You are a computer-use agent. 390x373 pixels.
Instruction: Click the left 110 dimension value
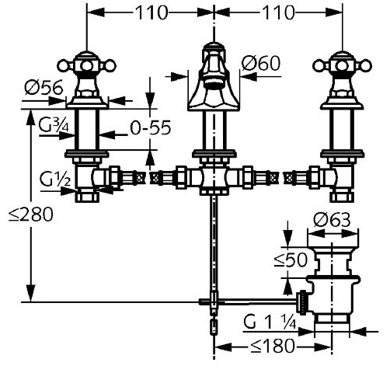(x=151, y=12)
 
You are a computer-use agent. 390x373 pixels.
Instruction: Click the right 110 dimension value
(x=279, y=12)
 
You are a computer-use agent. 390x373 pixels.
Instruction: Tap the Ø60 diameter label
(x=261, y=63)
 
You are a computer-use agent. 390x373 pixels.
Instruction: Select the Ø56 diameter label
(x=44, y=87)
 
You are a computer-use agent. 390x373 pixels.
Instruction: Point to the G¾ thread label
(x=54, y=124)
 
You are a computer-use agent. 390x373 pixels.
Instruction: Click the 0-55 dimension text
(x=151, y=127)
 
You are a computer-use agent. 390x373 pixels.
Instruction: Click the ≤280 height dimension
(x=30, y=214)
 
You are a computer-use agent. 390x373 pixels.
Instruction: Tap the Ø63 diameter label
(x=332, y=220)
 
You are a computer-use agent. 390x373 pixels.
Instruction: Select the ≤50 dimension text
(x=291, y=260)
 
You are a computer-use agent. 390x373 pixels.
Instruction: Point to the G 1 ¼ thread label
(x=270, y=322)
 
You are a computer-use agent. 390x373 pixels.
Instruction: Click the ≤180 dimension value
(x=273, y=346)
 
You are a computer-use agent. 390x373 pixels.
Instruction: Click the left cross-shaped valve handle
(x=86, y=66)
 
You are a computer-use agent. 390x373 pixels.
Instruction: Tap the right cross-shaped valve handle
(x=343, y=66)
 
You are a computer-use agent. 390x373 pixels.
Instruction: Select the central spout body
(x=214, y=78)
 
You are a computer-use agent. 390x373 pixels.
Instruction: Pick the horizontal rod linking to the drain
(x=248, y=302)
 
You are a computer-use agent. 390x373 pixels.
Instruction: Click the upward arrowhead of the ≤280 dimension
(x=30, y=117)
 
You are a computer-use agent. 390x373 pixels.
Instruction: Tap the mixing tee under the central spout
(x=214, y=178)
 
